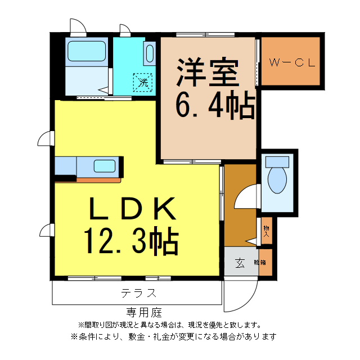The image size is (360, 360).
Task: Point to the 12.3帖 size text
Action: (x=132, y=241)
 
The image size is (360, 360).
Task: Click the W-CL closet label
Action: (x=290, y=62)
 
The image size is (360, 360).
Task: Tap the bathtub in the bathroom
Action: (x=87, y=52)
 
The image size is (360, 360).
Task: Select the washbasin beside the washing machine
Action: (x=150, y=53)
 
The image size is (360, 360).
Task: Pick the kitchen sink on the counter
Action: (x=104, y=166)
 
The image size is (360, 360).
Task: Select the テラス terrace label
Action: (x=138, y=292)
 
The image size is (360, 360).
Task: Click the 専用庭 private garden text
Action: (x=144, y=312)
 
